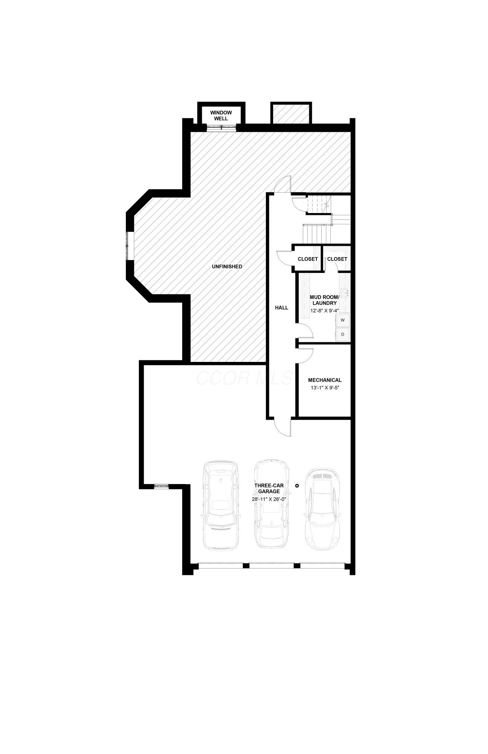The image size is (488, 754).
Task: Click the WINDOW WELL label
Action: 221,115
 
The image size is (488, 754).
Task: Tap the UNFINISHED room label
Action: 227,267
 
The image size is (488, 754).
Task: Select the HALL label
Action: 281,308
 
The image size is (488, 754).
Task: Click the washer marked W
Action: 342,320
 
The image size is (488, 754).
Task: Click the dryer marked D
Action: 342,334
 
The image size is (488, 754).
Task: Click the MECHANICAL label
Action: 325,380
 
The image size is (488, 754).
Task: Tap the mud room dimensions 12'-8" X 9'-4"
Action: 324,311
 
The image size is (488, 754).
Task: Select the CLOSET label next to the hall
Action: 308,259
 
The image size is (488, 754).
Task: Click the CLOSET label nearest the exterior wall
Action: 337,259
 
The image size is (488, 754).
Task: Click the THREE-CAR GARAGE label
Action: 269,488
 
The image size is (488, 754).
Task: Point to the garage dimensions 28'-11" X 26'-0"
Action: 269,499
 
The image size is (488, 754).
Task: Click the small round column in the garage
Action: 297,486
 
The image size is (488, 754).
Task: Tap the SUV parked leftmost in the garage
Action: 221,505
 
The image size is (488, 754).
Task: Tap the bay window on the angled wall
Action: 130,245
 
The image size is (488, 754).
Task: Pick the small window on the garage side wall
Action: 161,486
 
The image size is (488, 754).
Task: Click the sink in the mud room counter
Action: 345,291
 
